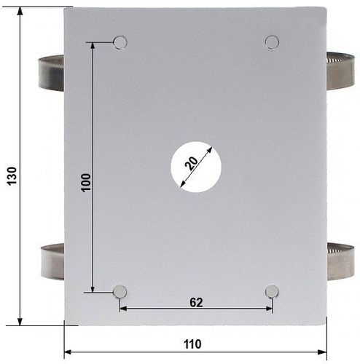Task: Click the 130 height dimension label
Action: [x=12, y=176]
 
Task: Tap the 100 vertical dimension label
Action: [x=86, y=183]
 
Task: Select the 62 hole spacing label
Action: [x=196, y=302]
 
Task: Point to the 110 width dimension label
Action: [x=192, y=344]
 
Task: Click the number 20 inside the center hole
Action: [x=191, y=163]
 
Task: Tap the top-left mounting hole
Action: [x=120, y=43]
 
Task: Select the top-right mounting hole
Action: [x=272, y=42]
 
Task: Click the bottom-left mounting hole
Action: [x=120, y=292]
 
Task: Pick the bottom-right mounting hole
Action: [x=272, y=291]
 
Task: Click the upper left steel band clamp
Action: [x=52, y=74]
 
